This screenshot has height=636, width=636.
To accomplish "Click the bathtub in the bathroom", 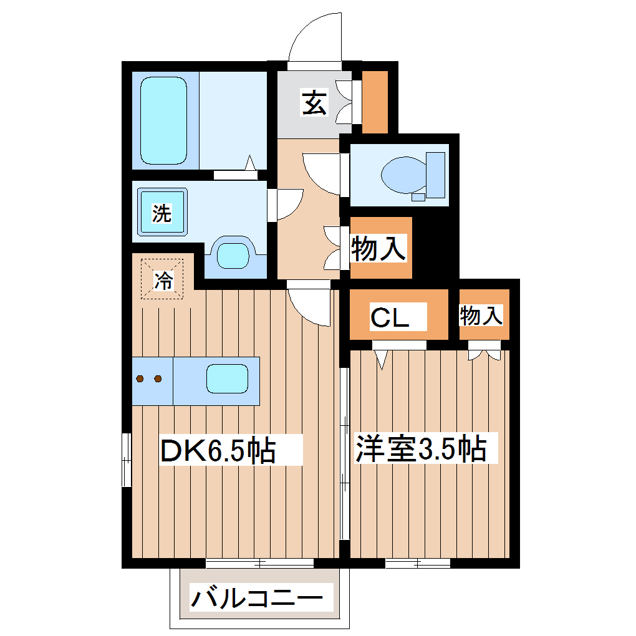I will tap(163, 120).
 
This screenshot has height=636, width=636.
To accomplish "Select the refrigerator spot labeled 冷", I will tap(162, 279).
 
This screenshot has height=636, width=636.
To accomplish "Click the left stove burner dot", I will tap(141, 378).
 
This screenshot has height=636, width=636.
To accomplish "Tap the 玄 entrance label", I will tap(314, 103).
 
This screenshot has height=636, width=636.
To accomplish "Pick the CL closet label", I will tap(390, 317).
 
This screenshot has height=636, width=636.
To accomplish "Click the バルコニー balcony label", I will tap(257, 600).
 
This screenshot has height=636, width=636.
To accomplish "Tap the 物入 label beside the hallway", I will tap(378, 248).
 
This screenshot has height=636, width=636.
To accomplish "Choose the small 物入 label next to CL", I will tap(481, 316).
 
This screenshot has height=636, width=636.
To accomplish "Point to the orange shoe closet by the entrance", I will tap(375, 101).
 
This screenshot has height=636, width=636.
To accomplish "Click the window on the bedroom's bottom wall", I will tap(418, 564).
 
